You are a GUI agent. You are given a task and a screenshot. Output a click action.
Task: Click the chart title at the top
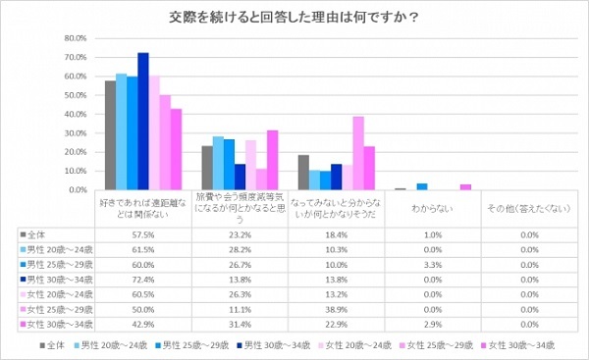click(294, 16)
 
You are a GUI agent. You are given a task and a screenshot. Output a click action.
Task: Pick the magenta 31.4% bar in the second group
click(272, 160)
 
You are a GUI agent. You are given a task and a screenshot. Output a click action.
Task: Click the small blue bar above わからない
click(422, 186)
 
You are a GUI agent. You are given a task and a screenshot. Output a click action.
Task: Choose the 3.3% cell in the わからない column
click(432, 265)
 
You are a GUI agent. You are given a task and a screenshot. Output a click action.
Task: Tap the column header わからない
click(432, 209)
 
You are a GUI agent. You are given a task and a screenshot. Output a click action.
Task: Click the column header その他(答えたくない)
click(528, 209)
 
